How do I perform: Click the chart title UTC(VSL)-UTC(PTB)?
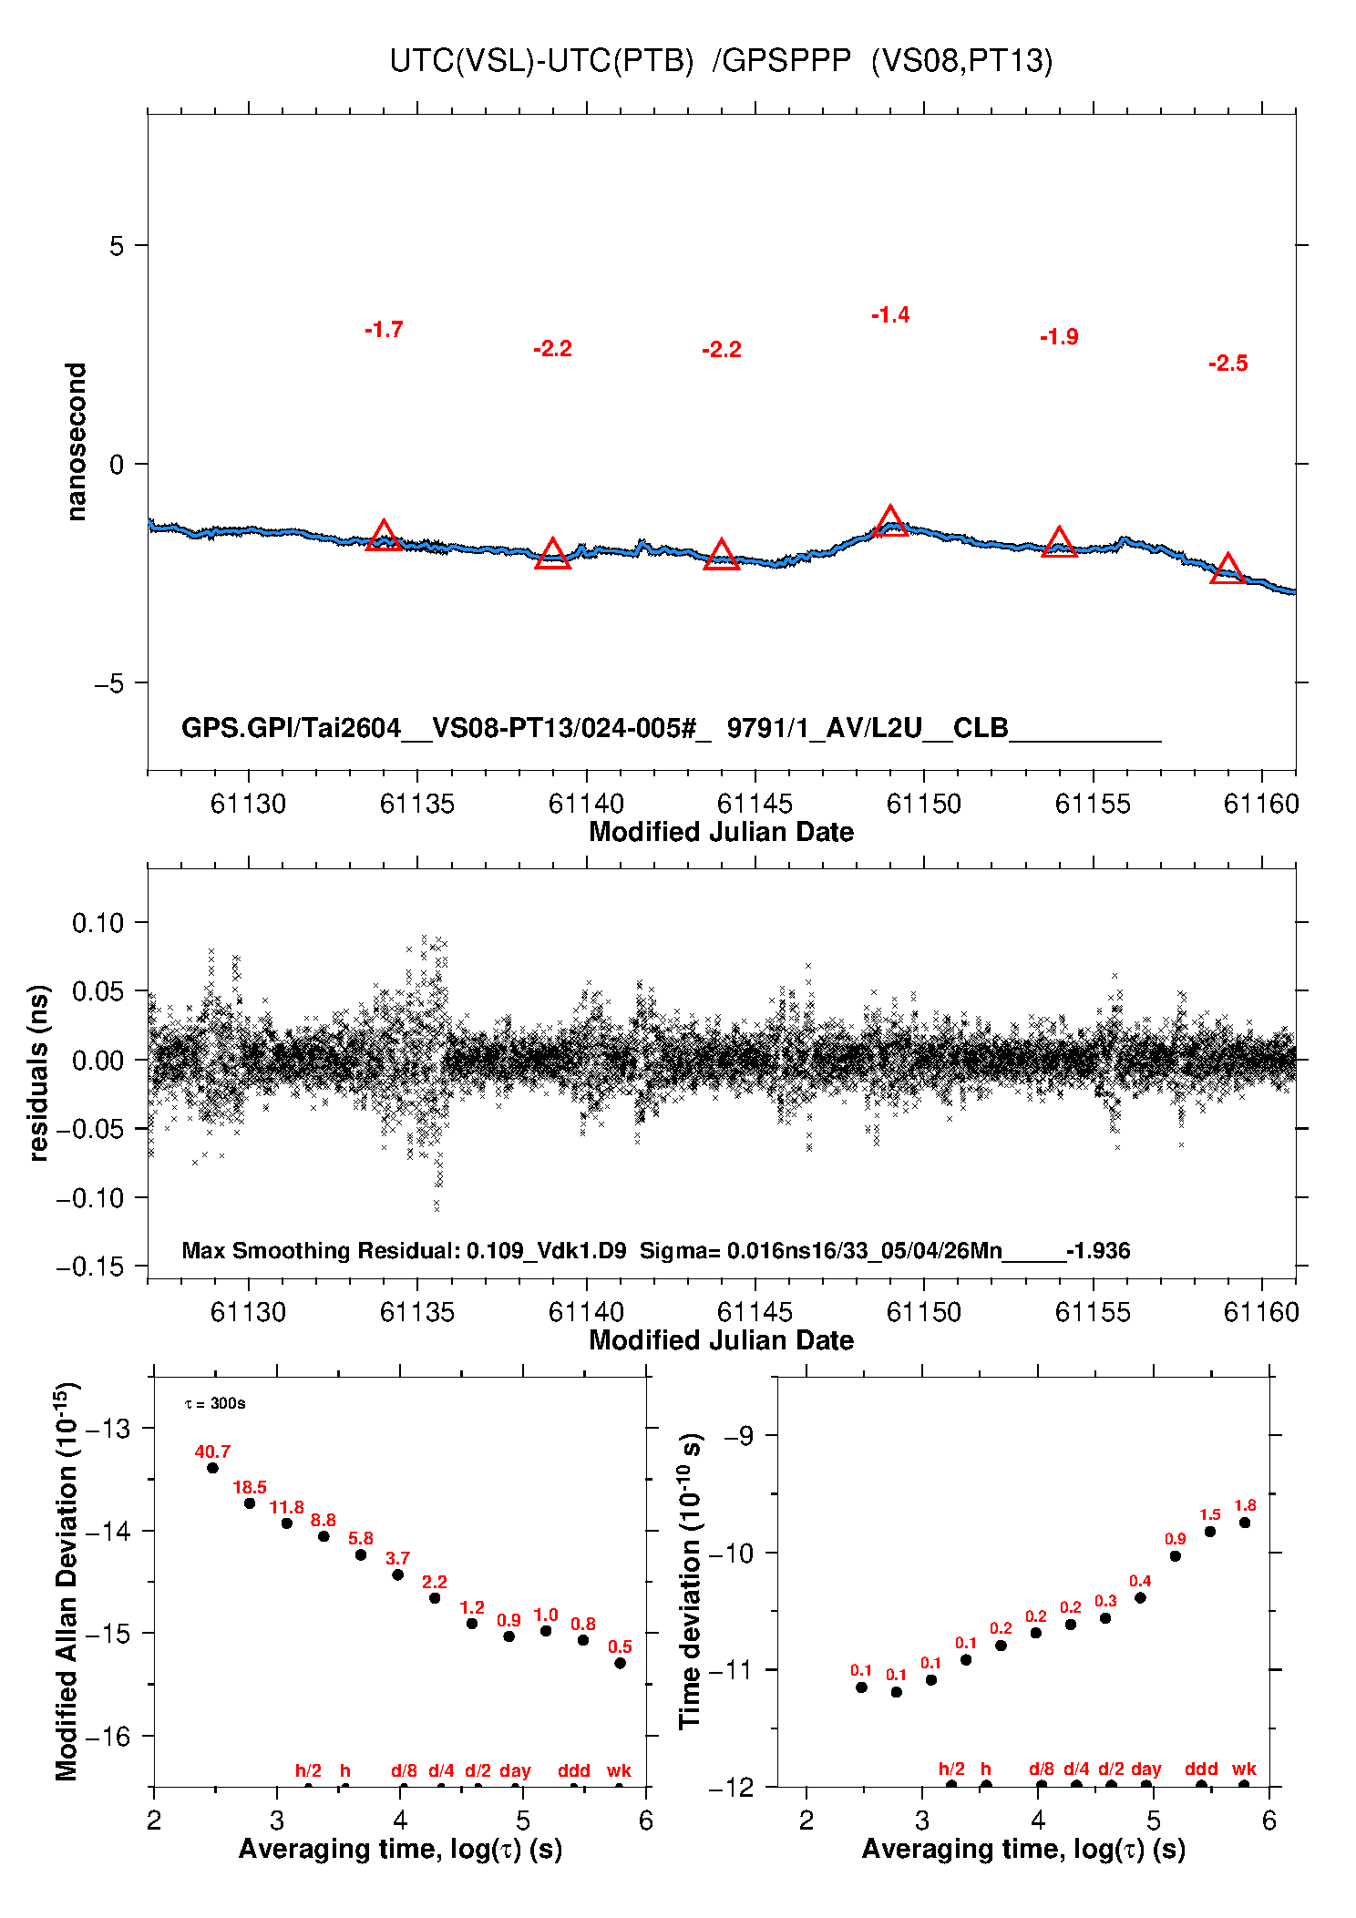pyautogui.click(x=541, y=61)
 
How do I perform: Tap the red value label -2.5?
pyautogui.click(x=1228, y=364)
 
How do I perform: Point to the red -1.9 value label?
pyautogui.click(x=1059, y=337)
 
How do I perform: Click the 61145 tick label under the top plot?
pyautogui.click(x=755, y=804)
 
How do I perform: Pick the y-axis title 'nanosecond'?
pyautogui.click(x=77, y=442)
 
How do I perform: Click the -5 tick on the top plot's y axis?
pyautogui.click(x=109, y=683)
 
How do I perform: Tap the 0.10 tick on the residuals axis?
pyautogui.click(x=98, y=923)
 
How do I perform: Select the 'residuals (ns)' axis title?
pyautogui.click(x=38, y=1072)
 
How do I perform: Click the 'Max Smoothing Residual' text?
pyautogui.click(x=320, y=1250)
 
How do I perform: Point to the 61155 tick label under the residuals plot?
pyautogui.click(x=1093, y=1312)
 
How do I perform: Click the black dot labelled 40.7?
pyautogui.click(x=212, y=1468)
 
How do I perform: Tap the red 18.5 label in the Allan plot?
pyautogui.click(x=250, y=1488)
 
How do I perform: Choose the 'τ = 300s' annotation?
pyautogui.click(x=215, y=1403)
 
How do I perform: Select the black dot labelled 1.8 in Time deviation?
pyautogui.click(x=1245, y=1523)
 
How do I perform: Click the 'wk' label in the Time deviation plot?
pyautogui.click(x=1244, y=1769)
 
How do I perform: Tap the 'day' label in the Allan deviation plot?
pyautogui.click(x=515, y=1771)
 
